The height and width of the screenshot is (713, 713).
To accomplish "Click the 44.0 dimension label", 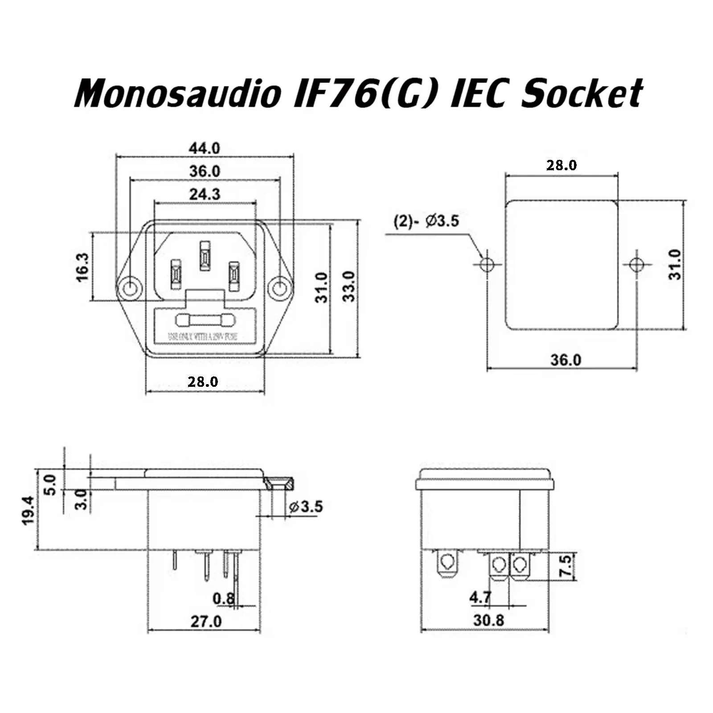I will coord(205,148).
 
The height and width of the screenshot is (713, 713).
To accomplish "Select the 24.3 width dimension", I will coord(205,194).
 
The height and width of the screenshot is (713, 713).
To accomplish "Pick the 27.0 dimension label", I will coord(206,621).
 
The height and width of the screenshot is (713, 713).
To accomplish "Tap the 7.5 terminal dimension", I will coord(565,566).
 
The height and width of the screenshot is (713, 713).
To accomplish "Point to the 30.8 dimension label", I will coord(489,620).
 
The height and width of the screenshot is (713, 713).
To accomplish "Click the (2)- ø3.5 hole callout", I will coord(426,221).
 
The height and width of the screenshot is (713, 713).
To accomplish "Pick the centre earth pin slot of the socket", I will coord(205,256).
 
